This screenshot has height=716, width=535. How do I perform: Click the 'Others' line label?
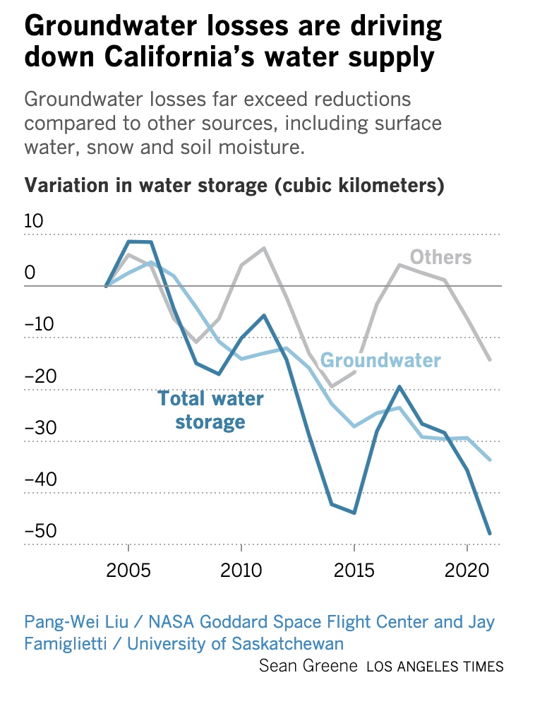[440, 257]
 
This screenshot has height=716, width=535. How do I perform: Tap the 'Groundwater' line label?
[380, 360]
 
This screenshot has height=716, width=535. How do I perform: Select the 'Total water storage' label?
[210, 410]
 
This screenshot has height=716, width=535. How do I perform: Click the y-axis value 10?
[34, 222]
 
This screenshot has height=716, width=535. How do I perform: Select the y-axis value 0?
[30, 273]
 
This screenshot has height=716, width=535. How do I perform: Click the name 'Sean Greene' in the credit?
[308, 665]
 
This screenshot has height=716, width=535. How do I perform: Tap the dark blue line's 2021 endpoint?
[489, 533]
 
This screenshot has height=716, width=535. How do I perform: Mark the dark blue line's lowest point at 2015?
[354, 513]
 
